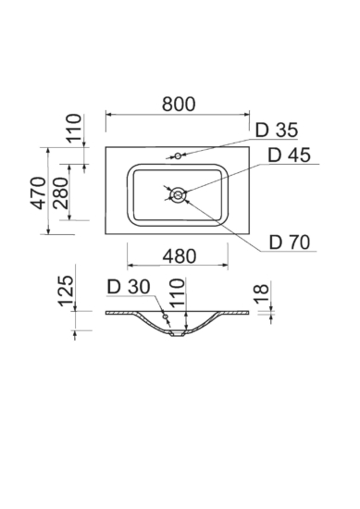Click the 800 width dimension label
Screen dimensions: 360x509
pyautogui.click(x=179, y=104)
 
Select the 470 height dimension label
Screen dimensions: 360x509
pyautogui.click(x=39, y=192)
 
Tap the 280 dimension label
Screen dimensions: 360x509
pyautogui.click(x=61, y=192)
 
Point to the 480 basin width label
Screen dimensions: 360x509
pyautogui.click(x=180, y=255)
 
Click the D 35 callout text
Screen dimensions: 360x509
pyautogui.click(x=277, y=130)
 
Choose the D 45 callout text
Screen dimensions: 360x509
pyautogui.click(x=289, y=155)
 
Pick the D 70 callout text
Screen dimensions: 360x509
pyautogui.click(x=290, y=242)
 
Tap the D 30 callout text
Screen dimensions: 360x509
pyautogui.click(x=129, y=287)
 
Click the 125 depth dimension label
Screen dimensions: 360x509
pyautogui.click(x=66, y=291)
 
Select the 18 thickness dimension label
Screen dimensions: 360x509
pyautogui.click(x=262, y=293)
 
